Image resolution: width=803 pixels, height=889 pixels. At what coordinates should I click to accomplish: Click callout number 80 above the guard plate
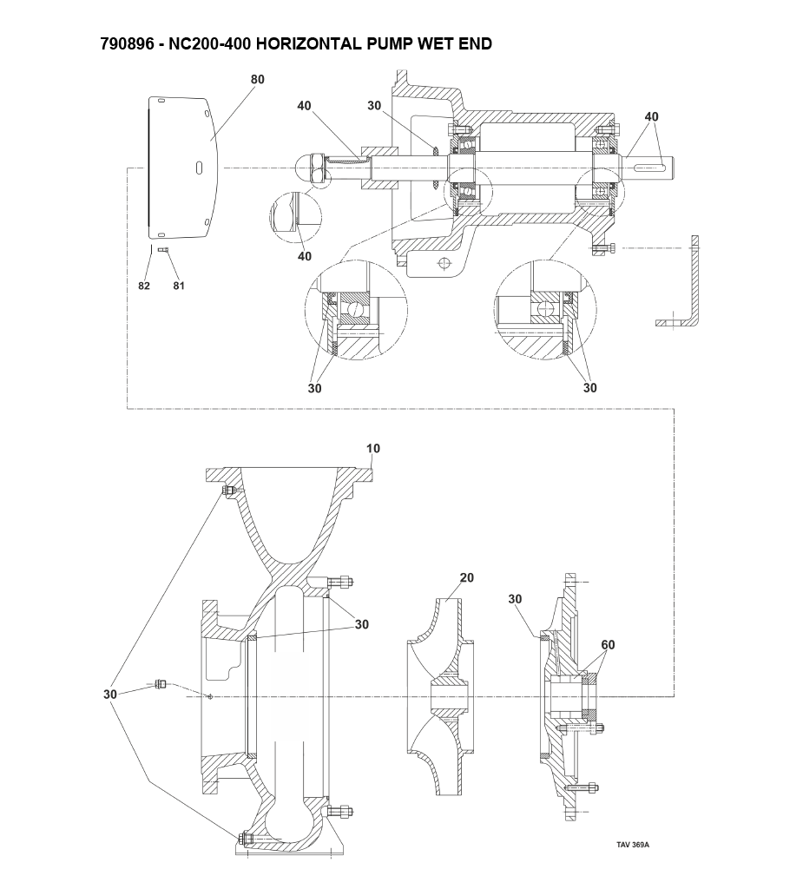point(258,79)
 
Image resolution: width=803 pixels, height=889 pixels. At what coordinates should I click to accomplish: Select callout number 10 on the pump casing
point(373,449)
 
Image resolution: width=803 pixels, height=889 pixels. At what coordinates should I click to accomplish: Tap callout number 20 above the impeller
point(467,577)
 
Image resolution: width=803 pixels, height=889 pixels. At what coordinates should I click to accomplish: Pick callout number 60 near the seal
point(608,645)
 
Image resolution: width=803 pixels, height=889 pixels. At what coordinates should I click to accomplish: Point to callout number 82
point(144,286)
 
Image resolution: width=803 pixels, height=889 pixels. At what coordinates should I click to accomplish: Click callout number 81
point(179,286)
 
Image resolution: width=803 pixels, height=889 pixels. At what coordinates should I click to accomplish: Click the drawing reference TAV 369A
point(633,845)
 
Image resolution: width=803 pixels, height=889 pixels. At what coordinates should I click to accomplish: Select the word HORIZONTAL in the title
point(307,43)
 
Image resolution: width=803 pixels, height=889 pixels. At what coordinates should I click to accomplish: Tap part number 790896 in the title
point(127,43)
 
